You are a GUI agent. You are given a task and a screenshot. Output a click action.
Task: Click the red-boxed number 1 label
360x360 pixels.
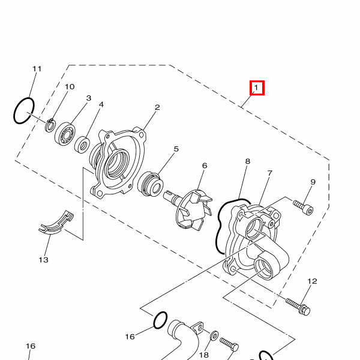[257, 88]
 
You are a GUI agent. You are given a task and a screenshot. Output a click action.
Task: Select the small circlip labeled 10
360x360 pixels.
[50, 125]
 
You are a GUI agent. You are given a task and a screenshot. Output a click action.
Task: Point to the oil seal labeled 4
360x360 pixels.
[82, 145]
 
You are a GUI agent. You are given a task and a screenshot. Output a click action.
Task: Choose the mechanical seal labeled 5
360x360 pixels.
[151, 184]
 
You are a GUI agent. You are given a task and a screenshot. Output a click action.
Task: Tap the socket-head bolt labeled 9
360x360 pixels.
[303, 208]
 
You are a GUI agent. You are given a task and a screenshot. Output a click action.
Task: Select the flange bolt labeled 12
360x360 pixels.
[298, 306]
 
